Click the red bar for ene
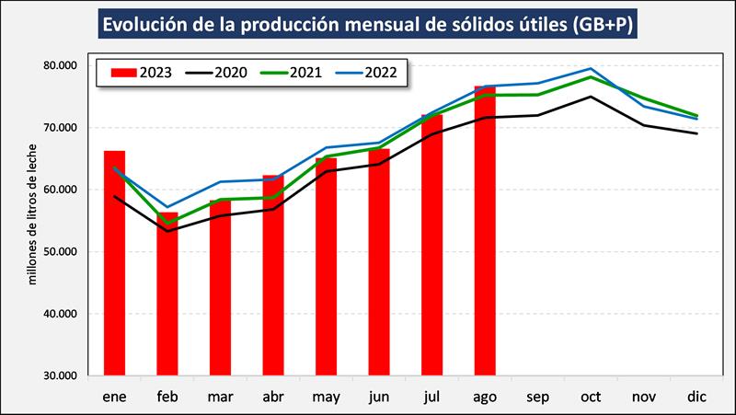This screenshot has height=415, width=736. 114,262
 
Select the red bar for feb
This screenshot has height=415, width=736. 167,294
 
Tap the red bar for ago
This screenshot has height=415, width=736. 485,230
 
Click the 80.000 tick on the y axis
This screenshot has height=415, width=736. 60,65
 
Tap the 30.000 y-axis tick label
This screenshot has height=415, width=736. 60,375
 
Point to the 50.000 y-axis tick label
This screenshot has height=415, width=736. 60,251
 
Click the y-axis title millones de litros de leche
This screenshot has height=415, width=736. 34,213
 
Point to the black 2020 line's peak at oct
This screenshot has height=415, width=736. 591,97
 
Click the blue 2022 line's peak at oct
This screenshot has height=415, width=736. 591,69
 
